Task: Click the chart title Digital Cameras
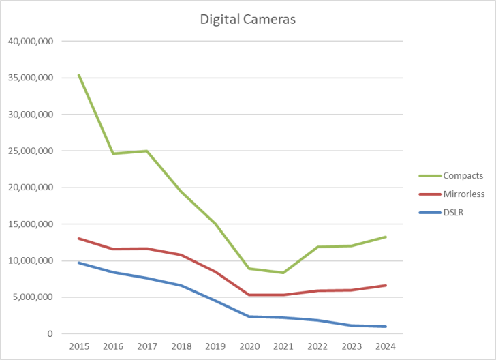(247, 19)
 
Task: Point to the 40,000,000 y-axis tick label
(31, 41)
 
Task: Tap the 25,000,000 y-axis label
(31, 151)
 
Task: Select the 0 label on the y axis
(50, 334)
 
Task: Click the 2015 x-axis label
(79, 346)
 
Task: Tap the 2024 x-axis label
(385, 346)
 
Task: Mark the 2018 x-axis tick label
(181, 346)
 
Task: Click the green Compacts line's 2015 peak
(79, 75)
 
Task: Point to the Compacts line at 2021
(283, 273)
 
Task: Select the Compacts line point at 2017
(147, 151)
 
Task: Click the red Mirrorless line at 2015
(79, 239)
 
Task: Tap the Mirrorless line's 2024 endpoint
(385, 286)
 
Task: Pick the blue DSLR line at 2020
(249, 316)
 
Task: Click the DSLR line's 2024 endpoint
(385, 327)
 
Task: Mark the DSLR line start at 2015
(79, 262)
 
